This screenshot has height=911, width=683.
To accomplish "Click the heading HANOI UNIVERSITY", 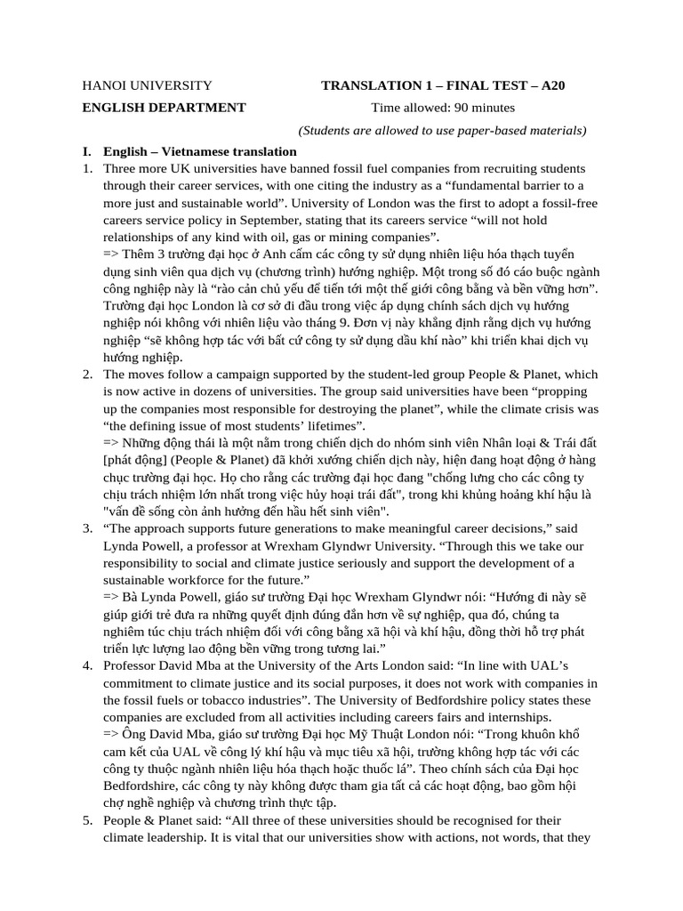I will (147, 86).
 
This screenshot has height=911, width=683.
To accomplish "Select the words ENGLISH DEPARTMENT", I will (164, 108).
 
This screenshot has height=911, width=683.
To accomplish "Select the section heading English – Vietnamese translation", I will (200, 151).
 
